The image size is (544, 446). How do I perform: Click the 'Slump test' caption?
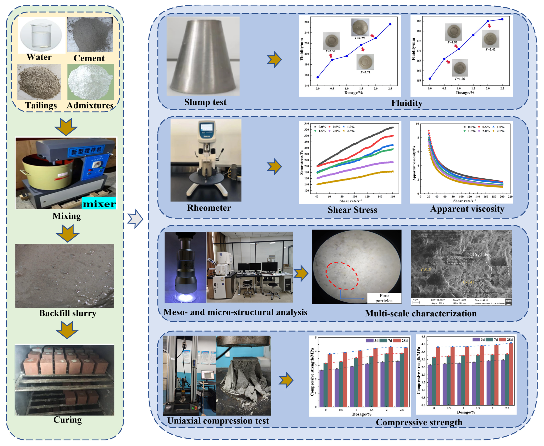tap(205, 102)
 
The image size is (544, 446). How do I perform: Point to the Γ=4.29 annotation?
tap(360, 38)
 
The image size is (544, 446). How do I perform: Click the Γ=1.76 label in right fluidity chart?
tap(460, 79)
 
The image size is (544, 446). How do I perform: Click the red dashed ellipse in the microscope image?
tap(342, 276)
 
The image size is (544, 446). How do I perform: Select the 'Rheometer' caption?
tap(209, 208)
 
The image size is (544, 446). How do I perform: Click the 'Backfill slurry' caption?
tap(68, 313)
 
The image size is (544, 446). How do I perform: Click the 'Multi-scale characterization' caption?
tap(421, 313)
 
